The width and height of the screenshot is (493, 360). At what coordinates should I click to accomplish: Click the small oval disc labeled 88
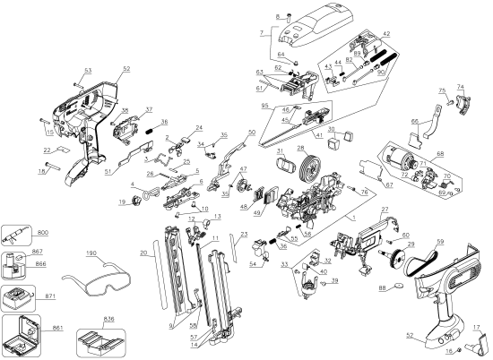pos(385,289)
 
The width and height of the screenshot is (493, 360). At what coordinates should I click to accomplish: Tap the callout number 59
pos(464,241)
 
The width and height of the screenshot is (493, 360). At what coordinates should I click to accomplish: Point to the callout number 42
pos(386,32)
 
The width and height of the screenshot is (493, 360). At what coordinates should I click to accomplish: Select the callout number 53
pos(88,70)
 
